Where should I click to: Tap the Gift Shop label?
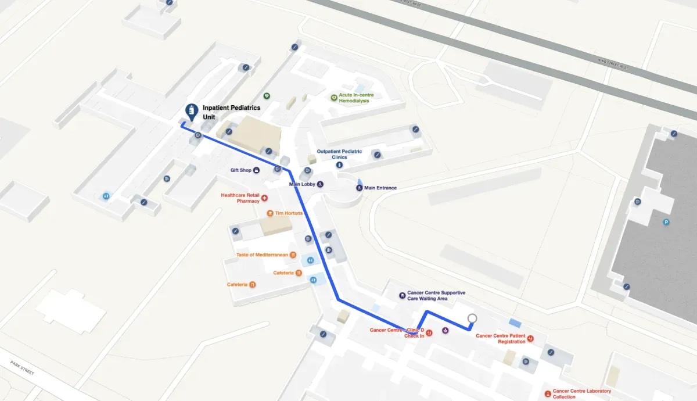point(241,170)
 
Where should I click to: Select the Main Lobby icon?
point(321,184)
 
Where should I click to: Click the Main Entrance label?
point(380,188)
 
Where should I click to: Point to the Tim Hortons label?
point(289,213)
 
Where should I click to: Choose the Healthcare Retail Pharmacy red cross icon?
point(265,198)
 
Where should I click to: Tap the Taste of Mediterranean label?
point(263,255)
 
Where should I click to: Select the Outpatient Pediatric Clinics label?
point(339,154)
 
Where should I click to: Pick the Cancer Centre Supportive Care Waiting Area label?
point(436,295)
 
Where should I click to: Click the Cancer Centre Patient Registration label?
point(501,338)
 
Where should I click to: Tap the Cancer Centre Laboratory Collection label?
point(581,394)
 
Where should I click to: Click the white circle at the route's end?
point(472,318)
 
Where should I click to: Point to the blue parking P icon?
point(666,222)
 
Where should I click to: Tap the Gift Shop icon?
point(256,170)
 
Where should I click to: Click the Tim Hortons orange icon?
point(270,213)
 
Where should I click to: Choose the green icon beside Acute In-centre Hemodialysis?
point(333,98)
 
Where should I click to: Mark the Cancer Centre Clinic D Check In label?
point(397,333)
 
